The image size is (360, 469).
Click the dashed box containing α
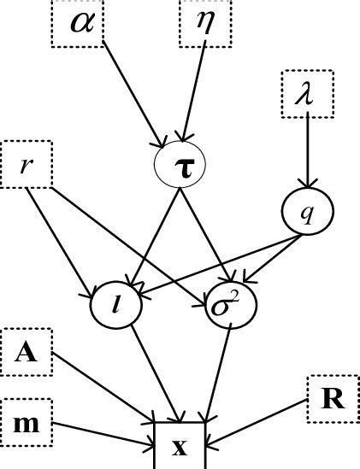pos(78,21)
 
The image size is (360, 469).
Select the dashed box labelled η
pos(205,21)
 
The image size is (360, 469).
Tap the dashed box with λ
pos(308,94)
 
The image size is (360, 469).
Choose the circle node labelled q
pos(307,210)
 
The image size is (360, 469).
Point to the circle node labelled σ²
pos(228,304)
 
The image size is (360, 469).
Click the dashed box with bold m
pos(26,423)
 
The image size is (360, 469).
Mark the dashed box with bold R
pos(333,399)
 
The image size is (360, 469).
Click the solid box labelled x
pos(180,445)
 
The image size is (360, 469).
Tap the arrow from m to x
pos(103,433)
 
